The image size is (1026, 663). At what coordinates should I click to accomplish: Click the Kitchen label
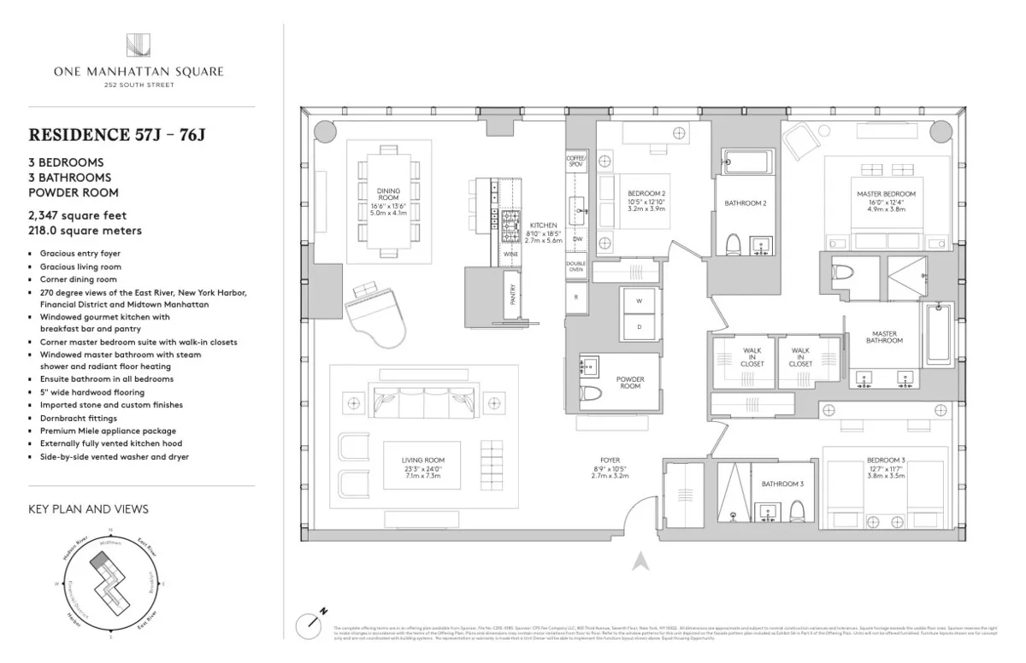(x=543, y=226)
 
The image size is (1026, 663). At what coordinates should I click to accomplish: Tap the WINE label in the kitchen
(x=510, y=255)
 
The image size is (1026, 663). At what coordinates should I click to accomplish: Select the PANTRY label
(x=513, y=295)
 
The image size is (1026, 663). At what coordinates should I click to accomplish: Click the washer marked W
(x=638, y=301)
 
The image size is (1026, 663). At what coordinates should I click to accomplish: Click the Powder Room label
(x=630, y=382)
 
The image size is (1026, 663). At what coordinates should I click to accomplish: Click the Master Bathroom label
(x=884, y=337)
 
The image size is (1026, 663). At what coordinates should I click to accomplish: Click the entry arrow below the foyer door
(x=637, y=562)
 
